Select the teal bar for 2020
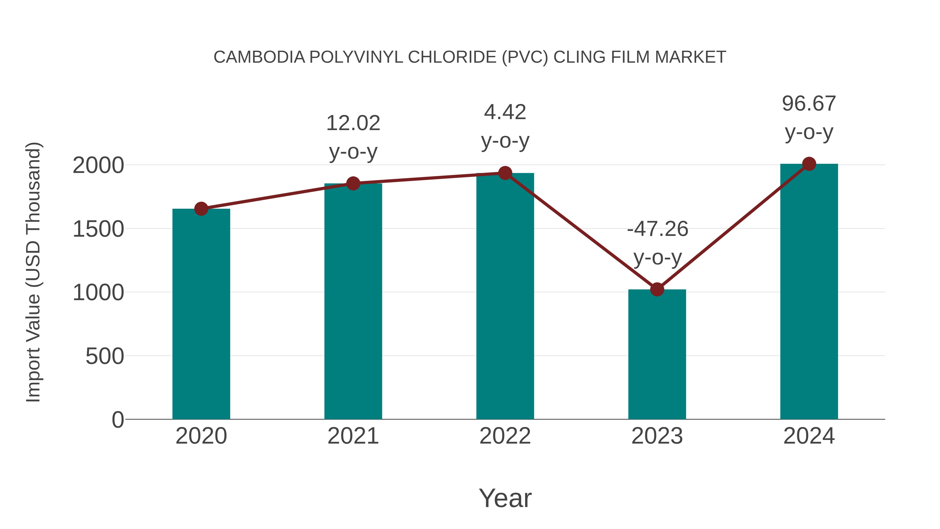201,314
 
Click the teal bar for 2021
353,301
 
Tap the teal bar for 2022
505,296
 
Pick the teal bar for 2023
657,354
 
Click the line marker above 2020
201,209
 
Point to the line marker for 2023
657,289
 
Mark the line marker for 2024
809,164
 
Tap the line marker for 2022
505,173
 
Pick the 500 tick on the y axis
104,356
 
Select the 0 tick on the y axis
118,420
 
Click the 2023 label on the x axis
657,436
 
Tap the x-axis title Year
505,498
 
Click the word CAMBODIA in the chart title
259,57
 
